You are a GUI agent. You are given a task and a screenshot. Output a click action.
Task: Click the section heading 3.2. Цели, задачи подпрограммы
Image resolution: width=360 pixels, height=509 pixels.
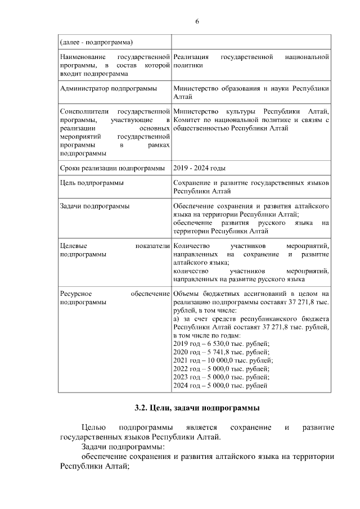pos(196,408)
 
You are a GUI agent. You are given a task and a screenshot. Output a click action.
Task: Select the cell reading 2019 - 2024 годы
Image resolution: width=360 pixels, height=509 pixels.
pos(199,168)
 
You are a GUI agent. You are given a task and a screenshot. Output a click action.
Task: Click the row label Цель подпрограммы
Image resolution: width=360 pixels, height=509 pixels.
pos(92,183)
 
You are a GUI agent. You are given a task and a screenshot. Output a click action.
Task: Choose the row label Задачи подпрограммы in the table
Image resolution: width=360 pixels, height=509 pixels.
pos(94,206)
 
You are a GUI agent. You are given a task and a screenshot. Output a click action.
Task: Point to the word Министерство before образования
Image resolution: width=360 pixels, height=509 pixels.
pos(197,89)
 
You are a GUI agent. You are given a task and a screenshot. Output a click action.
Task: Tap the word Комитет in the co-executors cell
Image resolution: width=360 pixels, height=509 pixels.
pos(188,121)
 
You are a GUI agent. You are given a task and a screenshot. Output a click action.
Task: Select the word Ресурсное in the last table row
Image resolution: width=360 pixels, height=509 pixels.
pos(76,294)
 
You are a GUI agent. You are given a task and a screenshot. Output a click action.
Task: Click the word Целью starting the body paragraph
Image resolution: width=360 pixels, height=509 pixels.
pos(93,428)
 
